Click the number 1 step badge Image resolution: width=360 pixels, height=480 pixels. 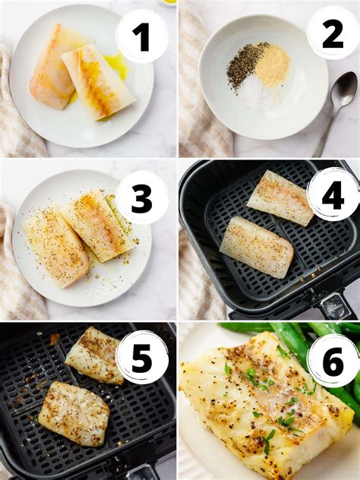tap(141, 36)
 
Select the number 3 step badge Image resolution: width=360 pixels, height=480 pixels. tap(142, 197)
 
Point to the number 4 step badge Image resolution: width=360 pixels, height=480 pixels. tap(333, 194)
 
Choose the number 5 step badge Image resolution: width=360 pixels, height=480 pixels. tap(142, 357)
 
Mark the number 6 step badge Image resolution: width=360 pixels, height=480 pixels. tap(333, 361)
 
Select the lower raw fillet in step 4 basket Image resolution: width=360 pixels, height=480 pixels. tap(257, 247)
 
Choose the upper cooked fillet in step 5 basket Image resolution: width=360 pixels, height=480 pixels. tap(94, 355)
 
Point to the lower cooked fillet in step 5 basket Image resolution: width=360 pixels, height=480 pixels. tap(74, 412)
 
